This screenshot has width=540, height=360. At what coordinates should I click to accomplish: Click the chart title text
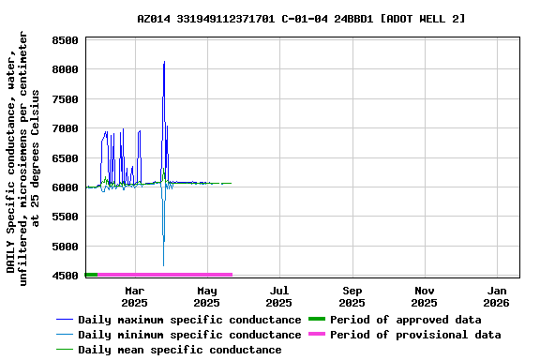coord(301,19)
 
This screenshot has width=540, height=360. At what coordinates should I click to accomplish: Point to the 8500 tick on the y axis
coord(65,40)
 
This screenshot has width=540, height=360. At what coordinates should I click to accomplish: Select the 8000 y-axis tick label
coord(65,70)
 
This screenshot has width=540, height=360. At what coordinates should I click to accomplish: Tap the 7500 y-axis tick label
coord(65,99)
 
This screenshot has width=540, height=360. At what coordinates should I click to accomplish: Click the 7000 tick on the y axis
coord(65,129)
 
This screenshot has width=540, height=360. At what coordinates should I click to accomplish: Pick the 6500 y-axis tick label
coord(65,158)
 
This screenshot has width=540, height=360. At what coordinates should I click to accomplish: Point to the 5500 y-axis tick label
coord(65,217)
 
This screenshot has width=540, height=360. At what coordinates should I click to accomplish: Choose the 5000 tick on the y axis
coord(65,247)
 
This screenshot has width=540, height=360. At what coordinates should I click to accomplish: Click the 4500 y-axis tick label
coord(65,277)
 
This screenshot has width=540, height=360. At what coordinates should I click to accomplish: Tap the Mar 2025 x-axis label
coord(134,296)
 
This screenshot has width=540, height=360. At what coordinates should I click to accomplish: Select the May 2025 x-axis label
coord(206,296)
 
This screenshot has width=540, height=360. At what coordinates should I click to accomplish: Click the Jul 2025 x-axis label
coord(278,296)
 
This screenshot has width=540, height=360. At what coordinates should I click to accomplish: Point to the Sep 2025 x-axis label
coord(352,296)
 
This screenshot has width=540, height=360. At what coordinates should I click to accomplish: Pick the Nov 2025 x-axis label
coord(424,296)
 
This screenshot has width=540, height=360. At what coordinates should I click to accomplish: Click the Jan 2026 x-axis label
coord(497,296)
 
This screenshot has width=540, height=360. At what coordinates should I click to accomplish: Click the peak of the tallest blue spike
coord(164,62)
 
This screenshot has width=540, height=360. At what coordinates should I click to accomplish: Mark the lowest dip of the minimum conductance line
coord(163,265)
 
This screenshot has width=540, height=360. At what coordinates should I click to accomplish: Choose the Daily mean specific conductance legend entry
coord(179,350)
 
